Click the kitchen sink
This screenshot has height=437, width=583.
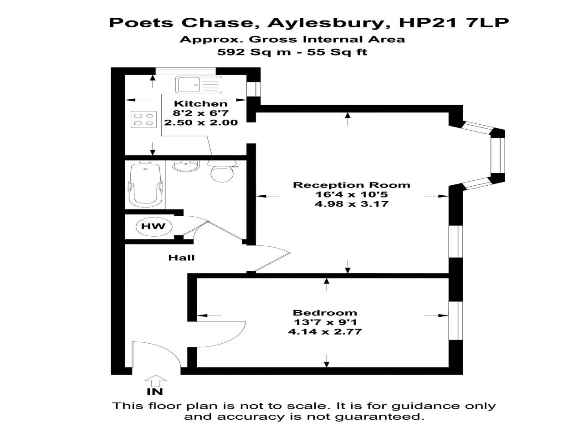(x=199, y=84)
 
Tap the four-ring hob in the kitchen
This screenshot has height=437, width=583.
(x=143, y=119)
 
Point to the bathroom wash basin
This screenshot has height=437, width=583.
(x=185, y=166)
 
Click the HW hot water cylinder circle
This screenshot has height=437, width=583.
(x=154, y=226)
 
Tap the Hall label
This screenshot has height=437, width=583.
(x=181, y=258)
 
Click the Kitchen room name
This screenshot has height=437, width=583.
(x=201, y=103)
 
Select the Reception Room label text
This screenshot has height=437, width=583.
(x=351, y=185)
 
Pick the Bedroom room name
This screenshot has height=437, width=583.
(x=325, y=313)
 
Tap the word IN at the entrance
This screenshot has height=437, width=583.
(x=155, y=391)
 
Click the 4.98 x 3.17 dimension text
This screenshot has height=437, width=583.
(x=351, y=204)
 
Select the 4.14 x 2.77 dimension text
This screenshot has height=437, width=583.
(x=325, y=332)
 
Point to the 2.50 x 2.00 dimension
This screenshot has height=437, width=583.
(x=201, y=122)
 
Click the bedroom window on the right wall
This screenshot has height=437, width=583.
(x=456, y=320)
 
